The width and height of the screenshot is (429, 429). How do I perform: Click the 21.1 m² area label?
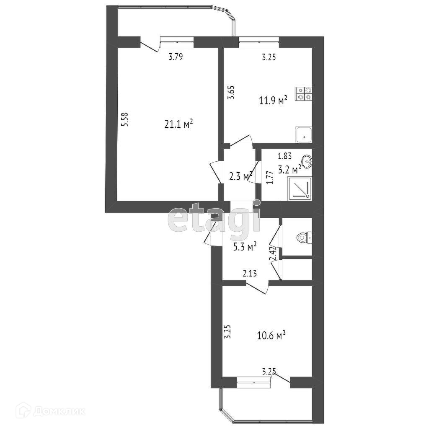pos(179,124)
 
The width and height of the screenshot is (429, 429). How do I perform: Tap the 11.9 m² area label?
pos(273,101)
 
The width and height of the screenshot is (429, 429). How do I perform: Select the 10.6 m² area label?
pos(271,336)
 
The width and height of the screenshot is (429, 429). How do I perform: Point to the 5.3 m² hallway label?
pos(245,247)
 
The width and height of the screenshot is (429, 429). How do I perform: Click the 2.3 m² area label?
pos(240,177)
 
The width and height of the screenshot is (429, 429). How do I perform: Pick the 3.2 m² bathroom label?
pos(289,170)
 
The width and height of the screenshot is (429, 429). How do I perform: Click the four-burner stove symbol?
pos(304,93)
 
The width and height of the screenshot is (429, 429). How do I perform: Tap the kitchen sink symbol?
pos(304,134)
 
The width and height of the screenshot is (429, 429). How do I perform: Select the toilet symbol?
pos(304,238)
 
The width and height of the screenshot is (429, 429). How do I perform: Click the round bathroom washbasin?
pos(307,162)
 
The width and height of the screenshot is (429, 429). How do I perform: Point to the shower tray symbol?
pos(300,188)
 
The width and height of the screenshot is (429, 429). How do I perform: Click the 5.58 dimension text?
pos(125,119)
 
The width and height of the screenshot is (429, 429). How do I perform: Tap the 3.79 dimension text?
pos(176,57)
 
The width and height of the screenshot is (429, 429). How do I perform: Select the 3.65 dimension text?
pos(232,93)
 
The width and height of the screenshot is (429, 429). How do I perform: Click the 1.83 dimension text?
pos(285,156)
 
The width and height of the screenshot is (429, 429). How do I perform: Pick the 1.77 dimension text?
pos(270,178)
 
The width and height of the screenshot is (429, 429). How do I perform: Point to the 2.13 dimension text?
pos(250,273)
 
